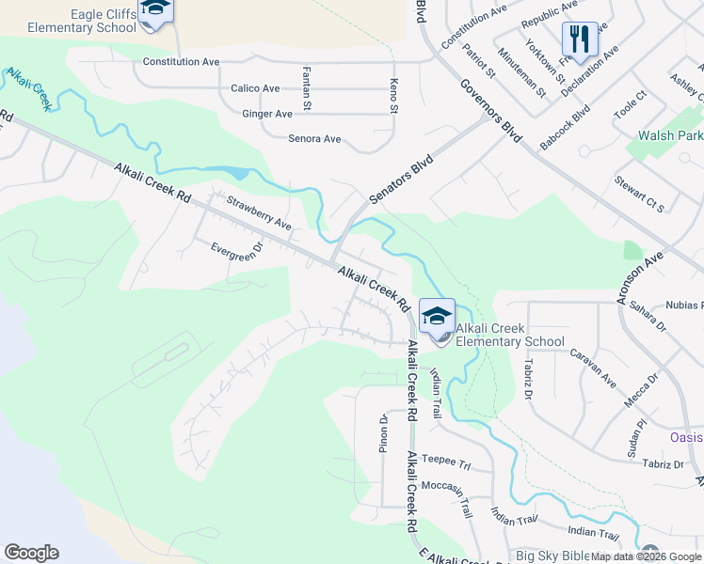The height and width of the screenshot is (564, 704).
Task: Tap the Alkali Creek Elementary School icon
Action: click(437, 316)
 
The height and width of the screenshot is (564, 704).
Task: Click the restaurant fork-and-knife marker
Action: click(580, 39)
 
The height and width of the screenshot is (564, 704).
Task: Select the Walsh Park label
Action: click(671, 135)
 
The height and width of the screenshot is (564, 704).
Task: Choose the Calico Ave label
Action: click(255, 88)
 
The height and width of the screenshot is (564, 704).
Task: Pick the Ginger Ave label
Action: click(267, 114)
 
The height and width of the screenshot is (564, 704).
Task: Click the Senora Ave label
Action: click(313, 139)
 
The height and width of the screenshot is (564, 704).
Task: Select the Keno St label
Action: click(393, 96)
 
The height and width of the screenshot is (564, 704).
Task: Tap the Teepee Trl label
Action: click(444, 462)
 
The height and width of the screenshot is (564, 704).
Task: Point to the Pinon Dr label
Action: click(384, 432)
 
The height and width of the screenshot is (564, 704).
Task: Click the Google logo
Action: click(31, 553)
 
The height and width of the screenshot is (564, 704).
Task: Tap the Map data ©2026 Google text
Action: click(646, 556)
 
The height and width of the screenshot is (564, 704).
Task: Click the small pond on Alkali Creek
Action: click(235, 173)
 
